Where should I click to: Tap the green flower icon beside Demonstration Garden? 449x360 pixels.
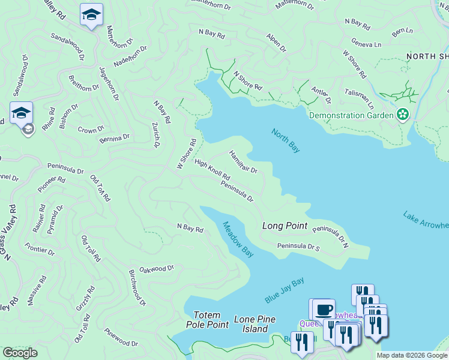403,115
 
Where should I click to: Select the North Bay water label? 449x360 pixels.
285,140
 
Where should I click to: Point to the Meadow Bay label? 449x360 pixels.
238,240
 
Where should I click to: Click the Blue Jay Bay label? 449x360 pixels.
285,290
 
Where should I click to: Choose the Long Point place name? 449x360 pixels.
285,226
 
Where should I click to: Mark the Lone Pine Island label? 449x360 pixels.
251,324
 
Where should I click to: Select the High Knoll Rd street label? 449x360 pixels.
212,170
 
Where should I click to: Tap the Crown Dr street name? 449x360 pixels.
91,130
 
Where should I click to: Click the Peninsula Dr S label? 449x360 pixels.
298,246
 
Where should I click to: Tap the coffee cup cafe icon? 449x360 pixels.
324,310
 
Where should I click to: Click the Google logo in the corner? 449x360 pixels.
20,353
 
